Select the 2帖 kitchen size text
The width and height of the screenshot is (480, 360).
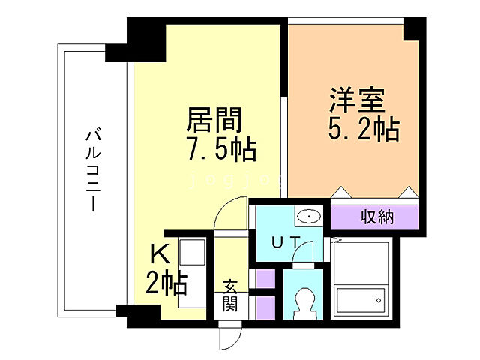click(x=166, y=283)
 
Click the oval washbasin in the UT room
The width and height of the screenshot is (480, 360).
click(x=308, y=217)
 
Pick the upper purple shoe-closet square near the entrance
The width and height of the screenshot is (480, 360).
click(x=264, y=278)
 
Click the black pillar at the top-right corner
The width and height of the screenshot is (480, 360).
click(x=413, y=29)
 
